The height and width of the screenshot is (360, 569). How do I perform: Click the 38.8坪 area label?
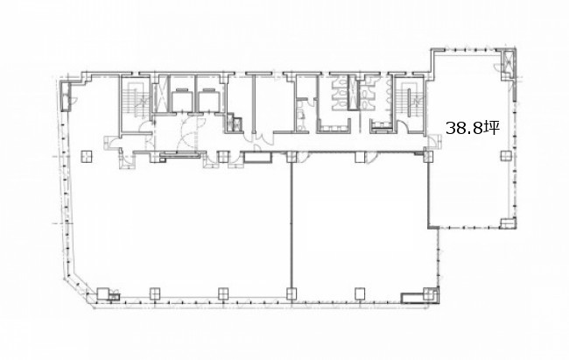click(x=473, y=128)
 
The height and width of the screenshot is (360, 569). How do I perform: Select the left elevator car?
click(x=183, y=101)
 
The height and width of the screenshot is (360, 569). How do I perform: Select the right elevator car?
click(x=209, y=101)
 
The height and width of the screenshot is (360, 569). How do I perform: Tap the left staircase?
click(x=137, y=99)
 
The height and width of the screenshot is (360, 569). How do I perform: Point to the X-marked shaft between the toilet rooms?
click(x=354, y=93)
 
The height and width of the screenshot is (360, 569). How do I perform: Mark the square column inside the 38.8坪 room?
click(x=505, y=156)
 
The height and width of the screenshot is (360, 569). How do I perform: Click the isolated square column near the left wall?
click(x=87, y=156)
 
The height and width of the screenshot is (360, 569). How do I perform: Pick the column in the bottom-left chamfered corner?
click(x=102, y=293)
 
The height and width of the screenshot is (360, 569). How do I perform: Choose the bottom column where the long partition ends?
click(x=292, y=293)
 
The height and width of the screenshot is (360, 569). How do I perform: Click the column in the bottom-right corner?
click(x=430, y=293)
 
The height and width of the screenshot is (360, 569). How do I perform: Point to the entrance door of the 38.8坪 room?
click(x=434, y=143)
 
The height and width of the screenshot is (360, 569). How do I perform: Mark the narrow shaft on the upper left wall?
click(x=66, y=96)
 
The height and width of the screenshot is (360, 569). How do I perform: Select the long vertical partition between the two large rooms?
click(x=292, y=223)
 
